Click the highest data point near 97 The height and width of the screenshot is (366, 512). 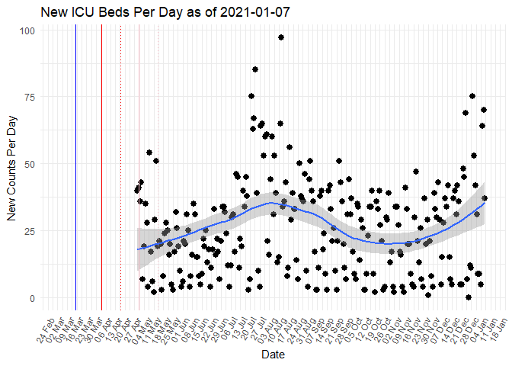281,37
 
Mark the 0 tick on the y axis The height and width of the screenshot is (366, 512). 31,298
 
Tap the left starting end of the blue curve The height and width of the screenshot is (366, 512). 138,249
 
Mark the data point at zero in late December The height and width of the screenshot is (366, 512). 469,297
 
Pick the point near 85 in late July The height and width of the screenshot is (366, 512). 255,69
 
